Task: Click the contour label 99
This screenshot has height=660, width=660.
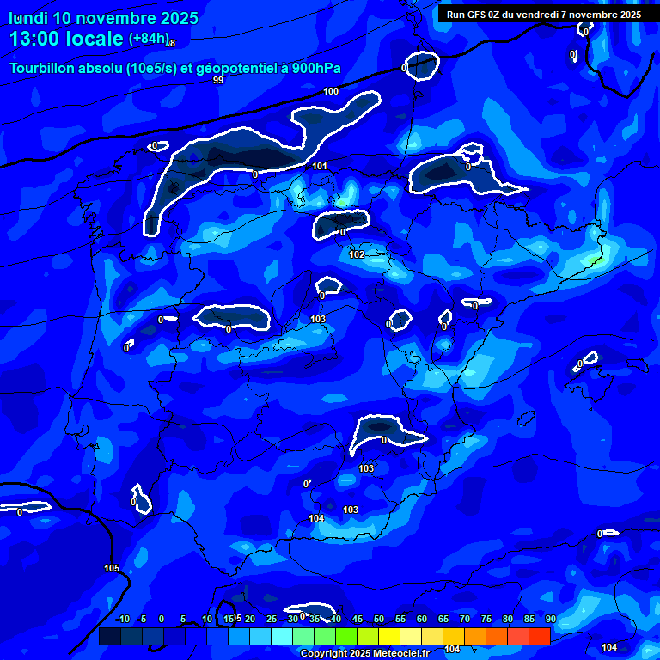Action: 218,80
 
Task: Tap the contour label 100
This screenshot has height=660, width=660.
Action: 331,91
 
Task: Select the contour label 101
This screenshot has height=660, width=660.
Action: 320,166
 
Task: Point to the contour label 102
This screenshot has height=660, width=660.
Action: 357,254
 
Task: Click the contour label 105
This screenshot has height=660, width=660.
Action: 112,568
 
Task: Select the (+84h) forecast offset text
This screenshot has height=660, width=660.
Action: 149,39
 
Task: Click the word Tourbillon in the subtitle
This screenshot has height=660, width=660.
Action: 43,69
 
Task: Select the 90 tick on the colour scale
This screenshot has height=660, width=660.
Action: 550,619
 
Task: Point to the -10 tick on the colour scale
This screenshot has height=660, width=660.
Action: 122,619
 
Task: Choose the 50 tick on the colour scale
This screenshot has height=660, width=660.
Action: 379,619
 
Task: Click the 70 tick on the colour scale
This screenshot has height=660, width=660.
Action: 465,619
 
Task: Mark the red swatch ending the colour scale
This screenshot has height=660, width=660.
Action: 539,636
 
